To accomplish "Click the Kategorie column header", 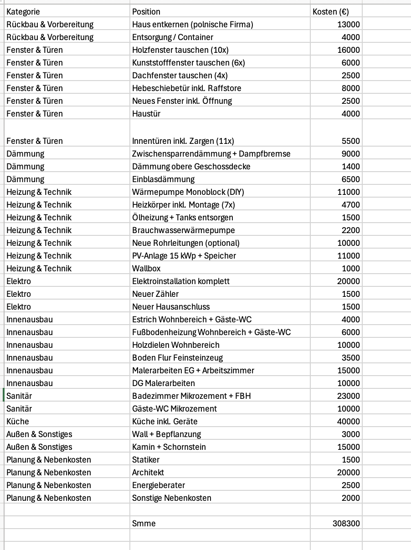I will coord(23,12).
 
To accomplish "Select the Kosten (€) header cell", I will coord(331,12).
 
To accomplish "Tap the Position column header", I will coord(146,12).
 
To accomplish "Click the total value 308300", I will coord(346,524).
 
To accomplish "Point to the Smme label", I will coord(144,524).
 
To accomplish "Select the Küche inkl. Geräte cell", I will coord(165,422).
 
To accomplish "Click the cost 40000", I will coord(348,422).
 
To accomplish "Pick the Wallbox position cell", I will coord(146,269).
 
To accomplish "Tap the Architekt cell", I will coord(148,473).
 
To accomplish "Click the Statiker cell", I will coord(146,460).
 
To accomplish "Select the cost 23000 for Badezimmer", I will coord(348,396).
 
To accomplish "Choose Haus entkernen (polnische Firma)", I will coord(192,25).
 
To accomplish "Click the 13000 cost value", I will coord(348,25).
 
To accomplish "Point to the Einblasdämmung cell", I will coord(163,179).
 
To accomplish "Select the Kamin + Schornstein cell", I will coord(169,447).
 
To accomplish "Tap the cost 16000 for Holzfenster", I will coord(348,50).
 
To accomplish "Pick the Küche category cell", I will coord(18,422).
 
